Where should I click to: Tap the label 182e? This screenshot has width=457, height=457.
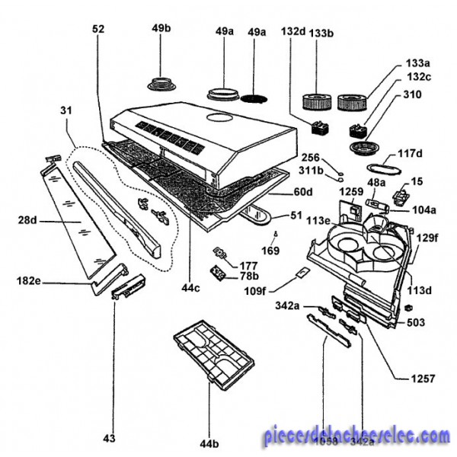point(27,281)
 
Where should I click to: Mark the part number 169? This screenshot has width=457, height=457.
point(271,248)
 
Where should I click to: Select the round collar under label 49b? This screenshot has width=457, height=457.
point(162,81)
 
